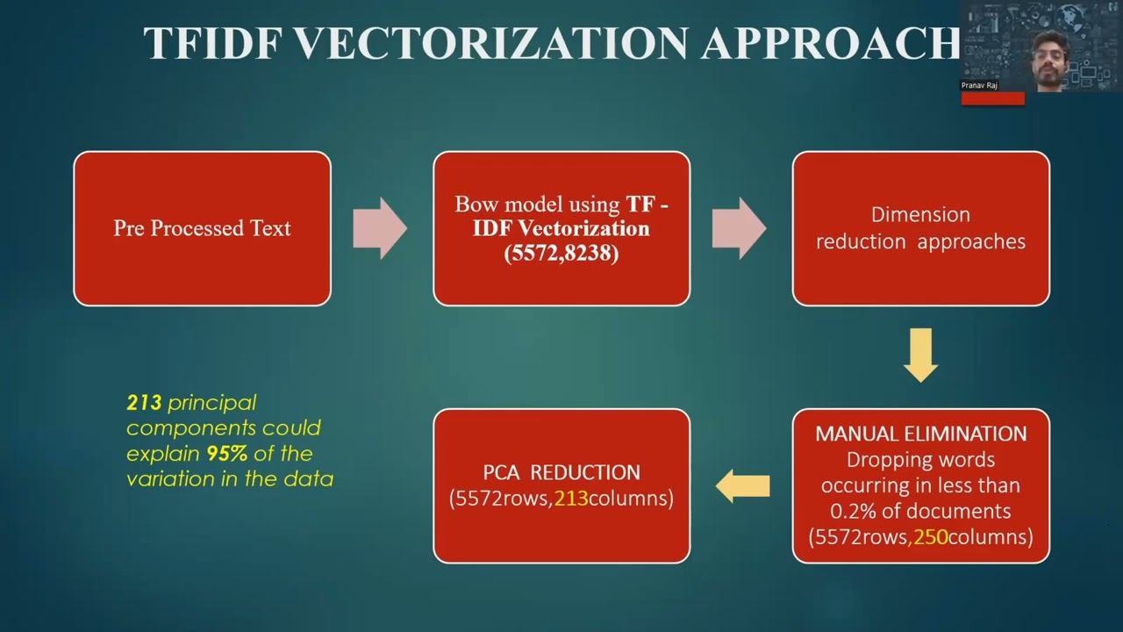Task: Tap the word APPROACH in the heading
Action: [829, 42]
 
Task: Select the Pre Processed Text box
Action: [202, 228]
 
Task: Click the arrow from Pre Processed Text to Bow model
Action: [379, 228]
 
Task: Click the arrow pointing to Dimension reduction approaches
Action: [739, 228]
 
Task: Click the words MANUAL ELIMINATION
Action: [920, 434]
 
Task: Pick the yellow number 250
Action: [931, 536]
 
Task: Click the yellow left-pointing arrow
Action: [742, 485]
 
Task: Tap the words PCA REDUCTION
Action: [561, 472]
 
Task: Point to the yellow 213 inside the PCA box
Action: [571, 499]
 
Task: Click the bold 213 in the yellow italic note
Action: [144, 403]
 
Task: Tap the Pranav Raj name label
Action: [979, 85]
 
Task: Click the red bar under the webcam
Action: [992, 98]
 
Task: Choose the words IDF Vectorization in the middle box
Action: [561, 229]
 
